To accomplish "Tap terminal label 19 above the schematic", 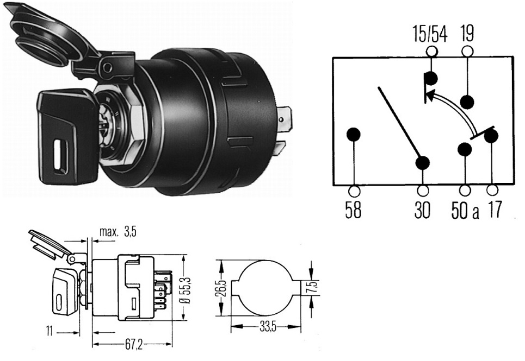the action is (x=467, y=33).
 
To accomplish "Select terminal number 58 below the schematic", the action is (x=353, y=210).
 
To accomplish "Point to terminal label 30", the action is (x=422, y=210).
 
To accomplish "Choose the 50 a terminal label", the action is (x=465, y=211).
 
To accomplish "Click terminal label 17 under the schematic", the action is (x=495, y=210).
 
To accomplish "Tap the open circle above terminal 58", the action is (x=354, y=191).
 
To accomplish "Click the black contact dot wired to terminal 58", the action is (x=354, y=134).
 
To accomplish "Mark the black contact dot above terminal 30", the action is (x=423, y=163).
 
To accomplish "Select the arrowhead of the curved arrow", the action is (x=431, y=95).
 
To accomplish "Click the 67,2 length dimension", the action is (x=134, y=345).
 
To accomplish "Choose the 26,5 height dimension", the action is (x=223, y=288).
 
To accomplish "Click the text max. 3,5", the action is (x=118, y=231).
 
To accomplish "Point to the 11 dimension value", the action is (x=50, y=332).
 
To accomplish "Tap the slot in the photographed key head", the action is (x=60, y=156).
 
